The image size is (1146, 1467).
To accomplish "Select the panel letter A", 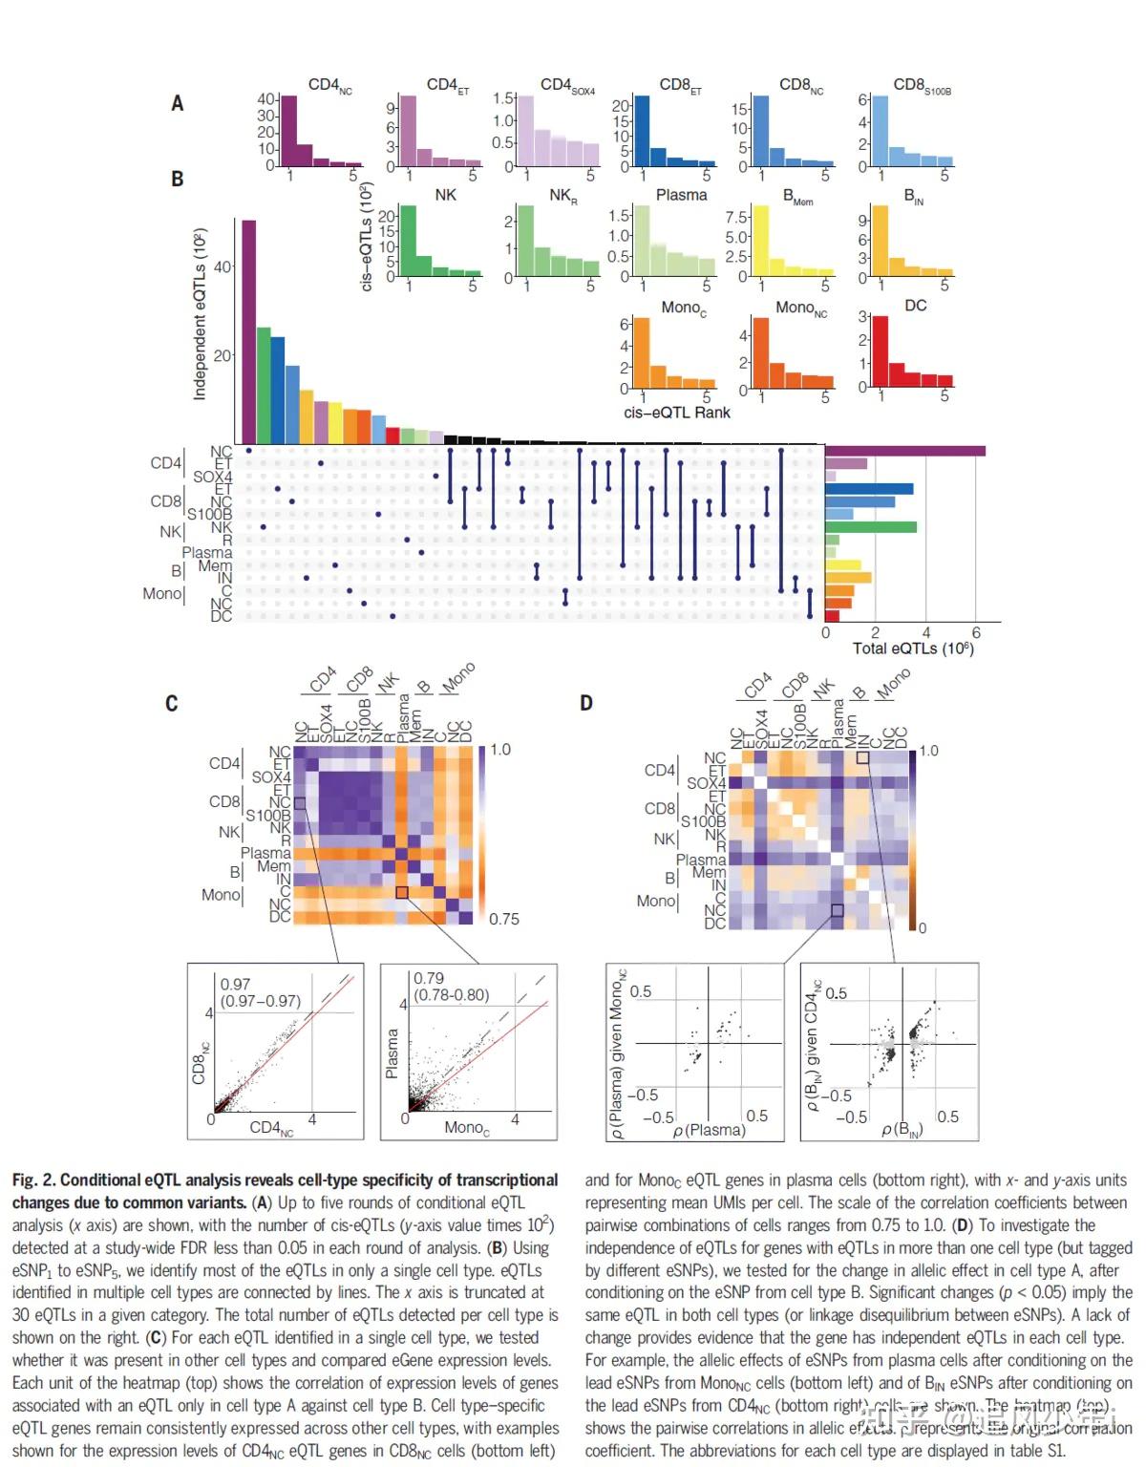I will click(177, 103).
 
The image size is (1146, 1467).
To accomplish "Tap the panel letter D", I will click(585, 703).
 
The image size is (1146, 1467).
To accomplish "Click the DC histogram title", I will click(915, 306).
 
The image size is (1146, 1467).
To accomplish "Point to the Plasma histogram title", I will click(681, 195).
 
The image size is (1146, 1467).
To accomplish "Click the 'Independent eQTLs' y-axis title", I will click(200, 314).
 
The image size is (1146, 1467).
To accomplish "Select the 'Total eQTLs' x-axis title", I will click(912, 648).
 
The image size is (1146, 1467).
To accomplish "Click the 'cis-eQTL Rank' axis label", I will click(676, 413).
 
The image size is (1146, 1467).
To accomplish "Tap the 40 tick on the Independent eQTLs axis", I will click(223, 266).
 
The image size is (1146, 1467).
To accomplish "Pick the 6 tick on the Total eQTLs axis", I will click(975, 632).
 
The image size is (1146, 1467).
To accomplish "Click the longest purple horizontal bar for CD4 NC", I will click(904, 451).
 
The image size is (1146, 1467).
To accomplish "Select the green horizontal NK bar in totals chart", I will click(870, 526).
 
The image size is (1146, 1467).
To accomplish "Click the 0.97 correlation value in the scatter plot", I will click(235, 984).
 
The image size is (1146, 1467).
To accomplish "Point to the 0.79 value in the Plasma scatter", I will click(429, 978).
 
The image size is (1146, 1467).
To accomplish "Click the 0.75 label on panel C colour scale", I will click(504, 919).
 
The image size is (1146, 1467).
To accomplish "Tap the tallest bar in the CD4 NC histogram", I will click(289, 131).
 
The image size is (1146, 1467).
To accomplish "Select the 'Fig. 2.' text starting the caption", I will click(33, 1180).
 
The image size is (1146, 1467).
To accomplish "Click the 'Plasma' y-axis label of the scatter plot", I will click(392, 1053).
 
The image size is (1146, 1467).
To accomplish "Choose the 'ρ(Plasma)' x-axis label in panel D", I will click(709, 1130).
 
